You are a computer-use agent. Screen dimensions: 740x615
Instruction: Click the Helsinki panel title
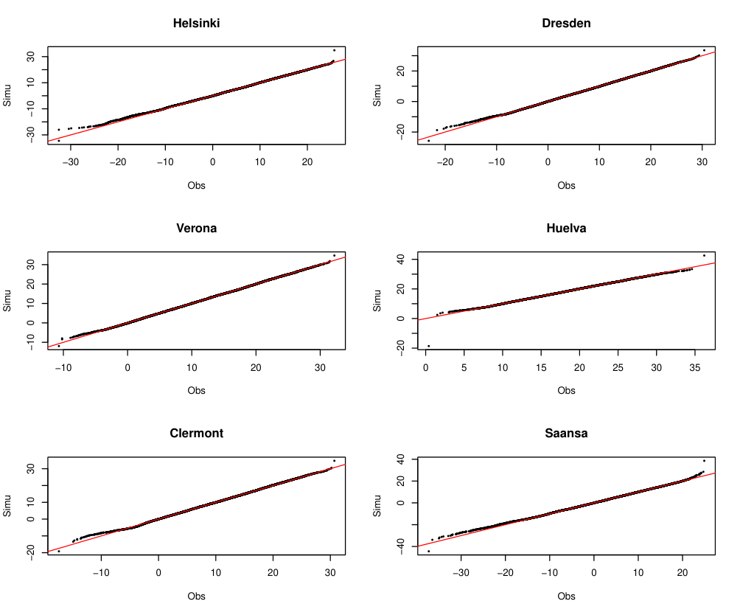pos(196,23)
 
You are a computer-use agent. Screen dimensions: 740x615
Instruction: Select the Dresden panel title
pos(566,23)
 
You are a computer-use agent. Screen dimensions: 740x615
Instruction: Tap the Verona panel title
pos(196,229)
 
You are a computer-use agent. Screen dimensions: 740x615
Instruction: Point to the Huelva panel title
pos(566,229)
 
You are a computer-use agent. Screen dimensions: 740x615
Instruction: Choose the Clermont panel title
pos(196,434)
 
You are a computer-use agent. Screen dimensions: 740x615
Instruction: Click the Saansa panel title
pos(566,434)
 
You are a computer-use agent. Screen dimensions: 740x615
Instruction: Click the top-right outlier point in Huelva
pos(704,255)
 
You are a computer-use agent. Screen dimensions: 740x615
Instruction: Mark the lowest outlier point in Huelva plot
pos(428,346)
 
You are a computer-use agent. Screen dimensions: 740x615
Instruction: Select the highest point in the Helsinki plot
pos(334,50)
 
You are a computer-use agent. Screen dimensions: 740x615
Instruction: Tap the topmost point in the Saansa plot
pos(704,461)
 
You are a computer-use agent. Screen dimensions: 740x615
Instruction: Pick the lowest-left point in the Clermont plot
pos(58,552)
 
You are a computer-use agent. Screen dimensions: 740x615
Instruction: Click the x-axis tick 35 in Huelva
pos(695,368)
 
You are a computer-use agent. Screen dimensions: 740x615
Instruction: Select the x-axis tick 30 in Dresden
pos(702,162)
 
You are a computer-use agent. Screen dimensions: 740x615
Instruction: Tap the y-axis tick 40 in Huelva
pos(401,259)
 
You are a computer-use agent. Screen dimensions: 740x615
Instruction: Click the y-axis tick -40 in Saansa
pos(401,546)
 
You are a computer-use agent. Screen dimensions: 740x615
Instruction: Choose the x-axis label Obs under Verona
pos(196,391)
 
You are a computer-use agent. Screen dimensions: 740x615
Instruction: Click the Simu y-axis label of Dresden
pos(377,95)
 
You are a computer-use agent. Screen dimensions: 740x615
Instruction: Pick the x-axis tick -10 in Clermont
pos(100,573)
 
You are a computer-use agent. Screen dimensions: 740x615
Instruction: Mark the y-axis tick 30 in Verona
pos(31,264)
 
